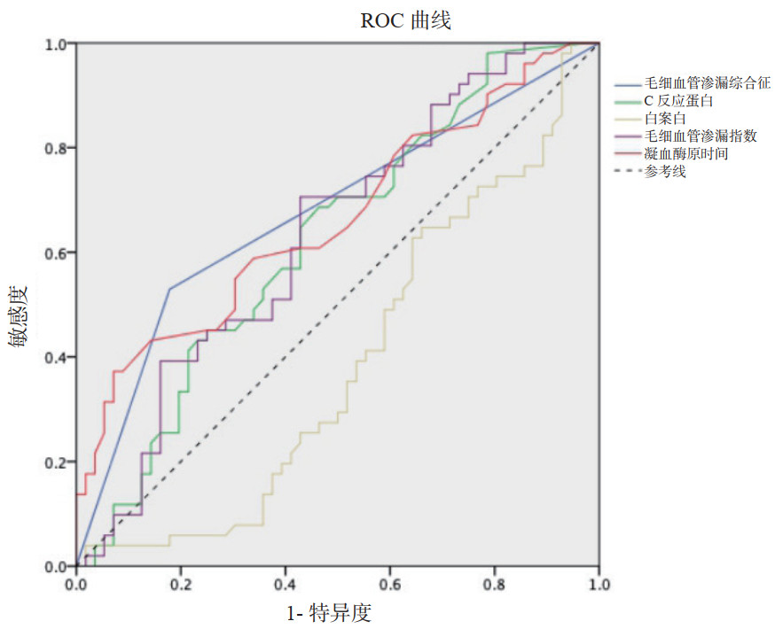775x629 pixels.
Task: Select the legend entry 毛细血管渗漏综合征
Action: [x=707, y=83]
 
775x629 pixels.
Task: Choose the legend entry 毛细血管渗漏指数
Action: [x=701, y=136]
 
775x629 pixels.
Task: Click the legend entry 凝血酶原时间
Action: [x=686, y=154]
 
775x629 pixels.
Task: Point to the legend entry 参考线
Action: [x=665, y=172]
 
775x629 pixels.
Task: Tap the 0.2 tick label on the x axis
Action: [x=181, y=584]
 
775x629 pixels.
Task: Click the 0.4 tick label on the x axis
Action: [x=286, y=584]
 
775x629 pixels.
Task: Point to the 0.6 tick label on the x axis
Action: [x=390, y=584]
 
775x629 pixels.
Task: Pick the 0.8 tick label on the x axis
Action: [x=495, y=584]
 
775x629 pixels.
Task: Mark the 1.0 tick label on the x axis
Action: [x=599, y=584]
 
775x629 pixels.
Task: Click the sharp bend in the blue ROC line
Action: [x=169, y=289]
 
